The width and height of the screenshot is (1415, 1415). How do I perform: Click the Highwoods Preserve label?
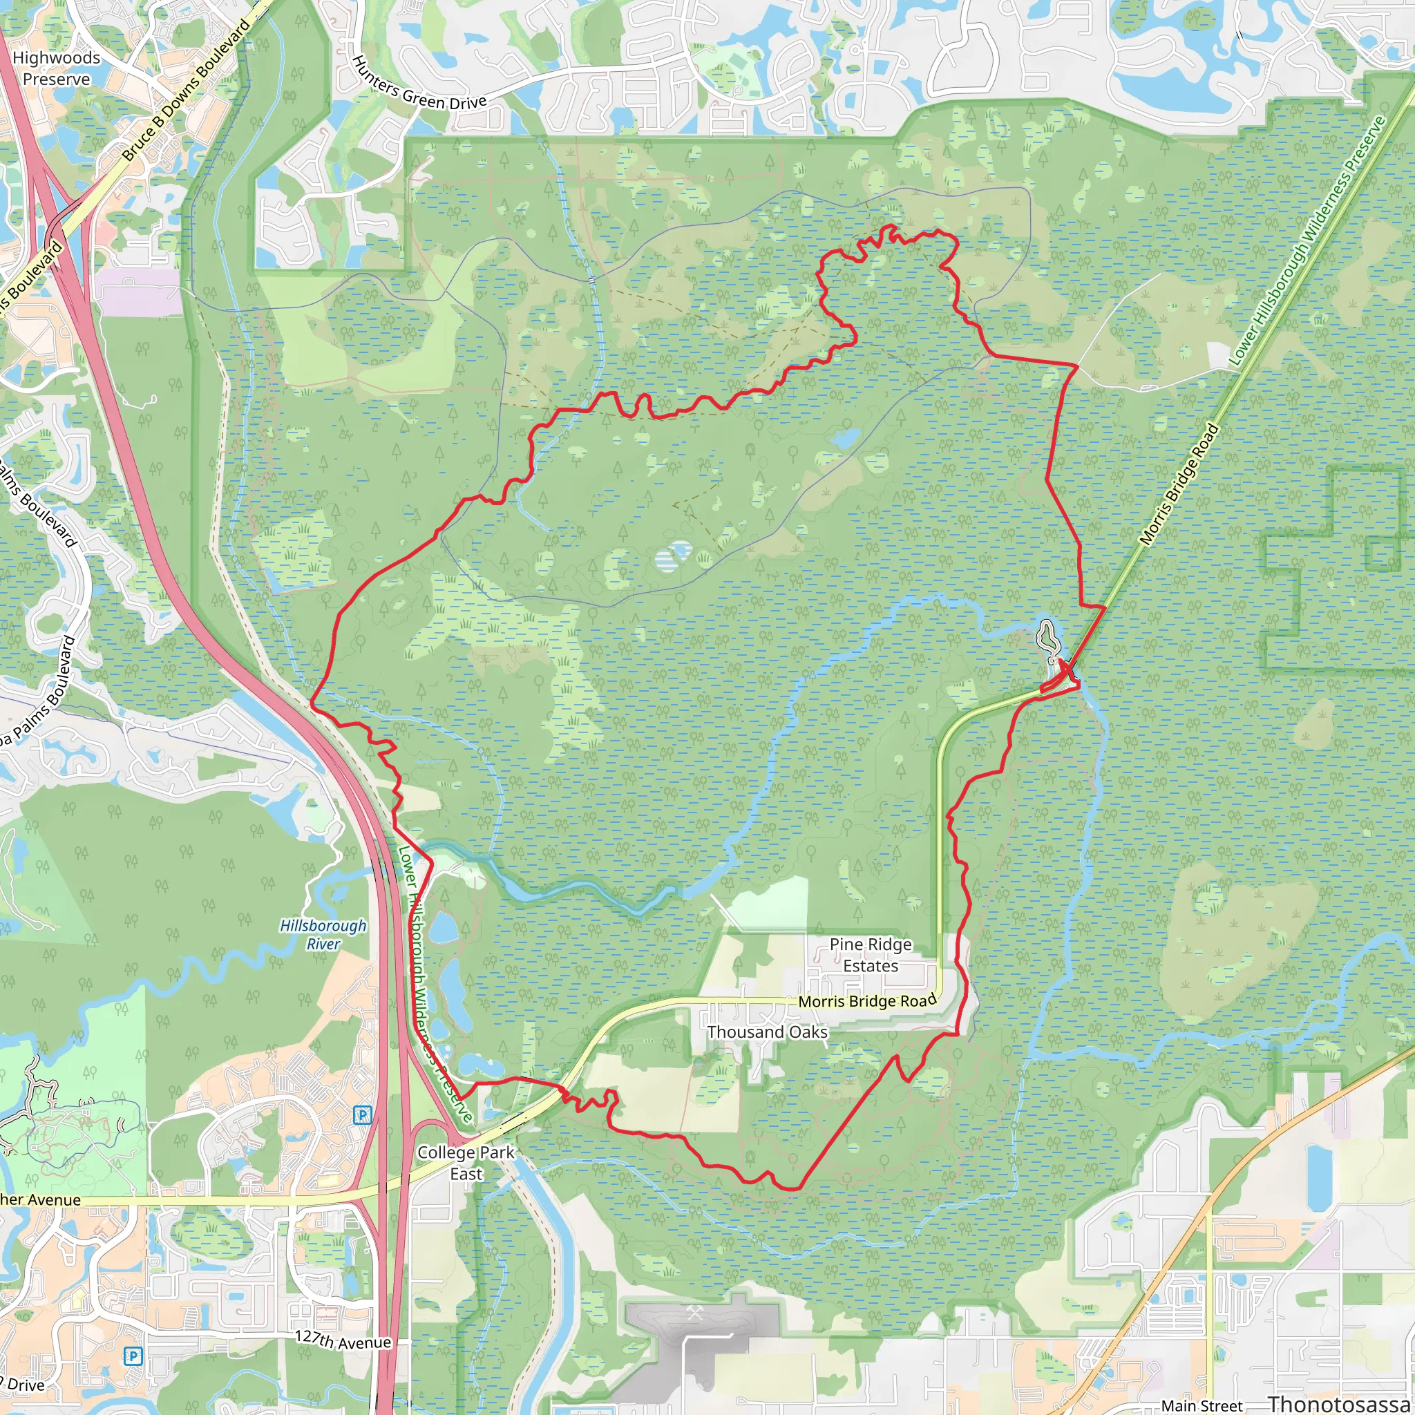click(57, 68)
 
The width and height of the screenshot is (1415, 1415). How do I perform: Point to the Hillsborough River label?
click(323, 935)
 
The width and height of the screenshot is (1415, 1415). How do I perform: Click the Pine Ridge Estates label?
click(870, 955)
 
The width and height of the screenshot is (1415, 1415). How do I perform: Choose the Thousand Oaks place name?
click(767, 1032)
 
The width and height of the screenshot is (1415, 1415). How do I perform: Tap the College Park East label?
click(466, 1163)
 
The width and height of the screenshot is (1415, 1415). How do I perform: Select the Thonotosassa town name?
click(1340, 1403)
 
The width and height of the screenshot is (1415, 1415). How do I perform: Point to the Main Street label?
click(1202, 1405)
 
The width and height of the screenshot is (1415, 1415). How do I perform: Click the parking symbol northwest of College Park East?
click(362, 1115)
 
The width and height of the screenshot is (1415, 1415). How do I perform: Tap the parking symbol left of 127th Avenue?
click(133, 1356)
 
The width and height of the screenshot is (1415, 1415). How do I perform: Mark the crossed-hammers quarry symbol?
click(695, 1313)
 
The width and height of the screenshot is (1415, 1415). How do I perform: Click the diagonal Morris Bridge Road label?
click(1179, 484)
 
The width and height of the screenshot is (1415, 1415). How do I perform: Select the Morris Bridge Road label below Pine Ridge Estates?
click(867, 1001)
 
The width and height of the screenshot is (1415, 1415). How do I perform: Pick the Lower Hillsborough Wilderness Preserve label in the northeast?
click(1307, 242)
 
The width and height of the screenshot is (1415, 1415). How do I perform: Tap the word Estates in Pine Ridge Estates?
click(870, 966)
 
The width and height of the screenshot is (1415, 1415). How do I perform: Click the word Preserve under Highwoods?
click(57, 79)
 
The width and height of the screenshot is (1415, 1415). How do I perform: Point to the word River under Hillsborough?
click(323, 944)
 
